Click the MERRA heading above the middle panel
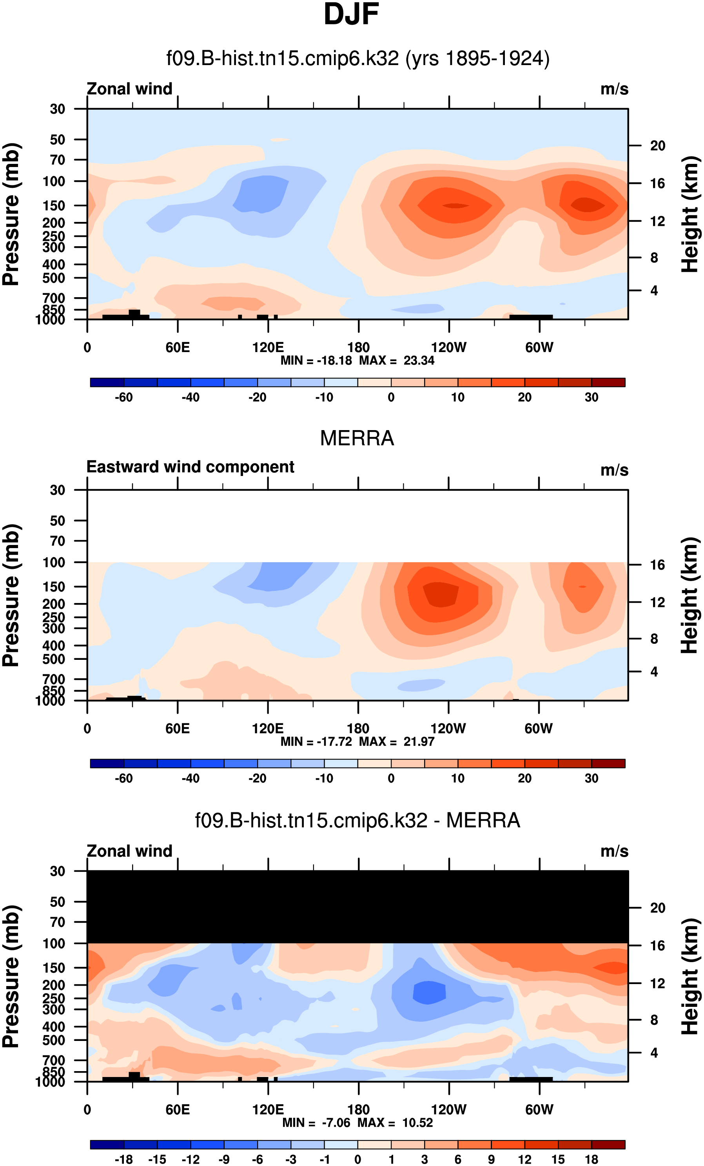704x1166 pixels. [357, 438]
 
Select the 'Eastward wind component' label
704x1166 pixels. [190, 467]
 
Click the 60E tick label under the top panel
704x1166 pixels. [178, 348]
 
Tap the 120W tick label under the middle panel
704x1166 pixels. [448, 729]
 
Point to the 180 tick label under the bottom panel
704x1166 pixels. [358, 1110]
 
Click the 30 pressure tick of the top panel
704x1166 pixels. [57, 109]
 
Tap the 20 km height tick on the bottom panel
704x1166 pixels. [657, 908]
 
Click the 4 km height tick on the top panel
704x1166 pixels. [654, 291]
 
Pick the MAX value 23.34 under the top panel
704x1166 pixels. [419, 361]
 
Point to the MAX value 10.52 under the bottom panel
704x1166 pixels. [417, 1122]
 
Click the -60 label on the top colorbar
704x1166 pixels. [123, 398]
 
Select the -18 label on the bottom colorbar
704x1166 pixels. [123, 1159]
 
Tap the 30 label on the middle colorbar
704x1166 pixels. [591, 778]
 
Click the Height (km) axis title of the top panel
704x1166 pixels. [690, 214]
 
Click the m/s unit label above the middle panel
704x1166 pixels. [614, 470]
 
